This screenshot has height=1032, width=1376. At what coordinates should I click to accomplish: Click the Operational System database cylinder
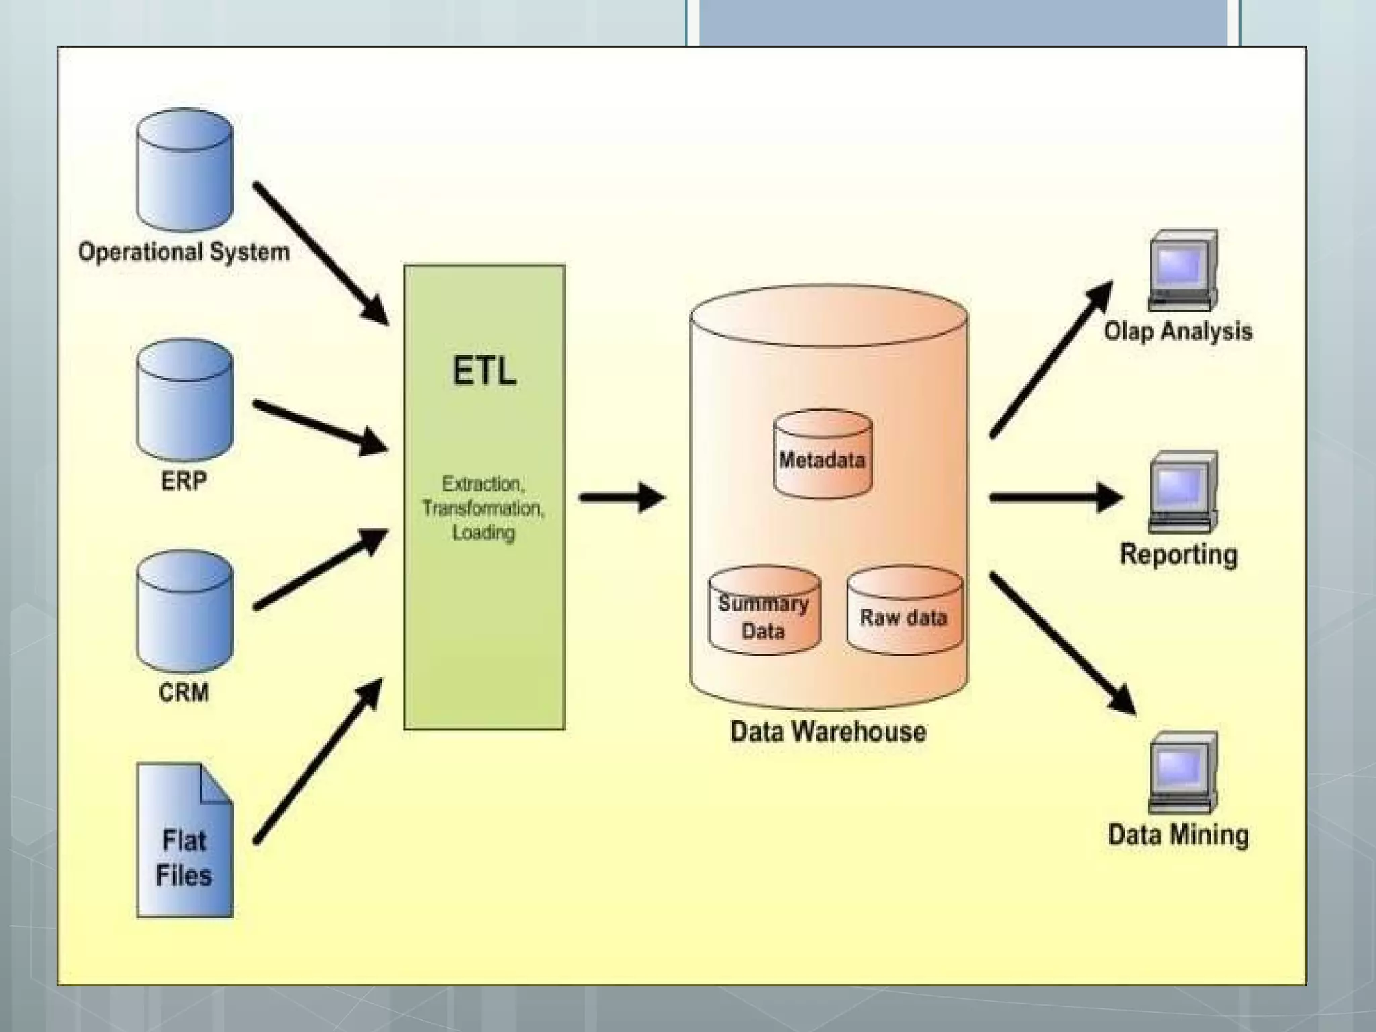point(184,171)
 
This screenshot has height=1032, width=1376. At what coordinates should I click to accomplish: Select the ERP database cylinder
point(184,400)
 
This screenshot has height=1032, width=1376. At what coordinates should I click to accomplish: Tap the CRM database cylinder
point(184,611)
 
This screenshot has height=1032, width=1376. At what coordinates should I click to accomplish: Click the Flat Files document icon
point(184,841)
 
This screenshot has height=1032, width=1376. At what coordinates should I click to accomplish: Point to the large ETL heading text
point(484,371)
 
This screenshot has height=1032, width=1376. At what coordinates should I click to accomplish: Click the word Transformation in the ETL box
point(482,509)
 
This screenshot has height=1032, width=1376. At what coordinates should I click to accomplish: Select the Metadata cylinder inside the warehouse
point(822,457)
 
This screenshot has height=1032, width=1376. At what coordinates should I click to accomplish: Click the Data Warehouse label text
point(828,732)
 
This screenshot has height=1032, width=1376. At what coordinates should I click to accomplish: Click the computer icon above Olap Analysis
point(1182,269)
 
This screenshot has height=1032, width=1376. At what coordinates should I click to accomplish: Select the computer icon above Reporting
point(1182,491)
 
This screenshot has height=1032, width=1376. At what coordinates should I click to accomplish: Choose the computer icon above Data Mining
point(1182,772)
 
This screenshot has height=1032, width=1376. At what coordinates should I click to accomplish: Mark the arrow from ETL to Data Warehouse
point(621,498)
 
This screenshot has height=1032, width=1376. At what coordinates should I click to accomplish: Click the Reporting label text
point(1178,555)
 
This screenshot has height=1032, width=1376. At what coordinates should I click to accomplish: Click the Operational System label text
point(183,252)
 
